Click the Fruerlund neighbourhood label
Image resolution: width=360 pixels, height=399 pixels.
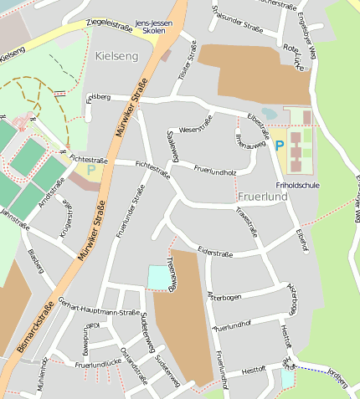coord(263,197)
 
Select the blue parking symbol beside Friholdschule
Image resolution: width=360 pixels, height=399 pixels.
coord(280,145)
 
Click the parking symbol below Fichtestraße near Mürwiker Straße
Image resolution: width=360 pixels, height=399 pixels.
coord(90,170)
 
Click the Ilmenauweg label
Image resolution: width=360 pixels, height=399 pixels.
coord(250,140)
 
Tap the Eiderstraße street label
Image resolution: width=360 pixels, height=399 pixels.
coord(214,252)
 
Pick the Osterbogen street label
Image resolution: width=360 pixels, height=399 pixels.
coord(224,297)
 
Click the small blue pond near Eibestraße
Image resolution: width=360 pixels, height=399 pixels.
coord(269,112)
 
